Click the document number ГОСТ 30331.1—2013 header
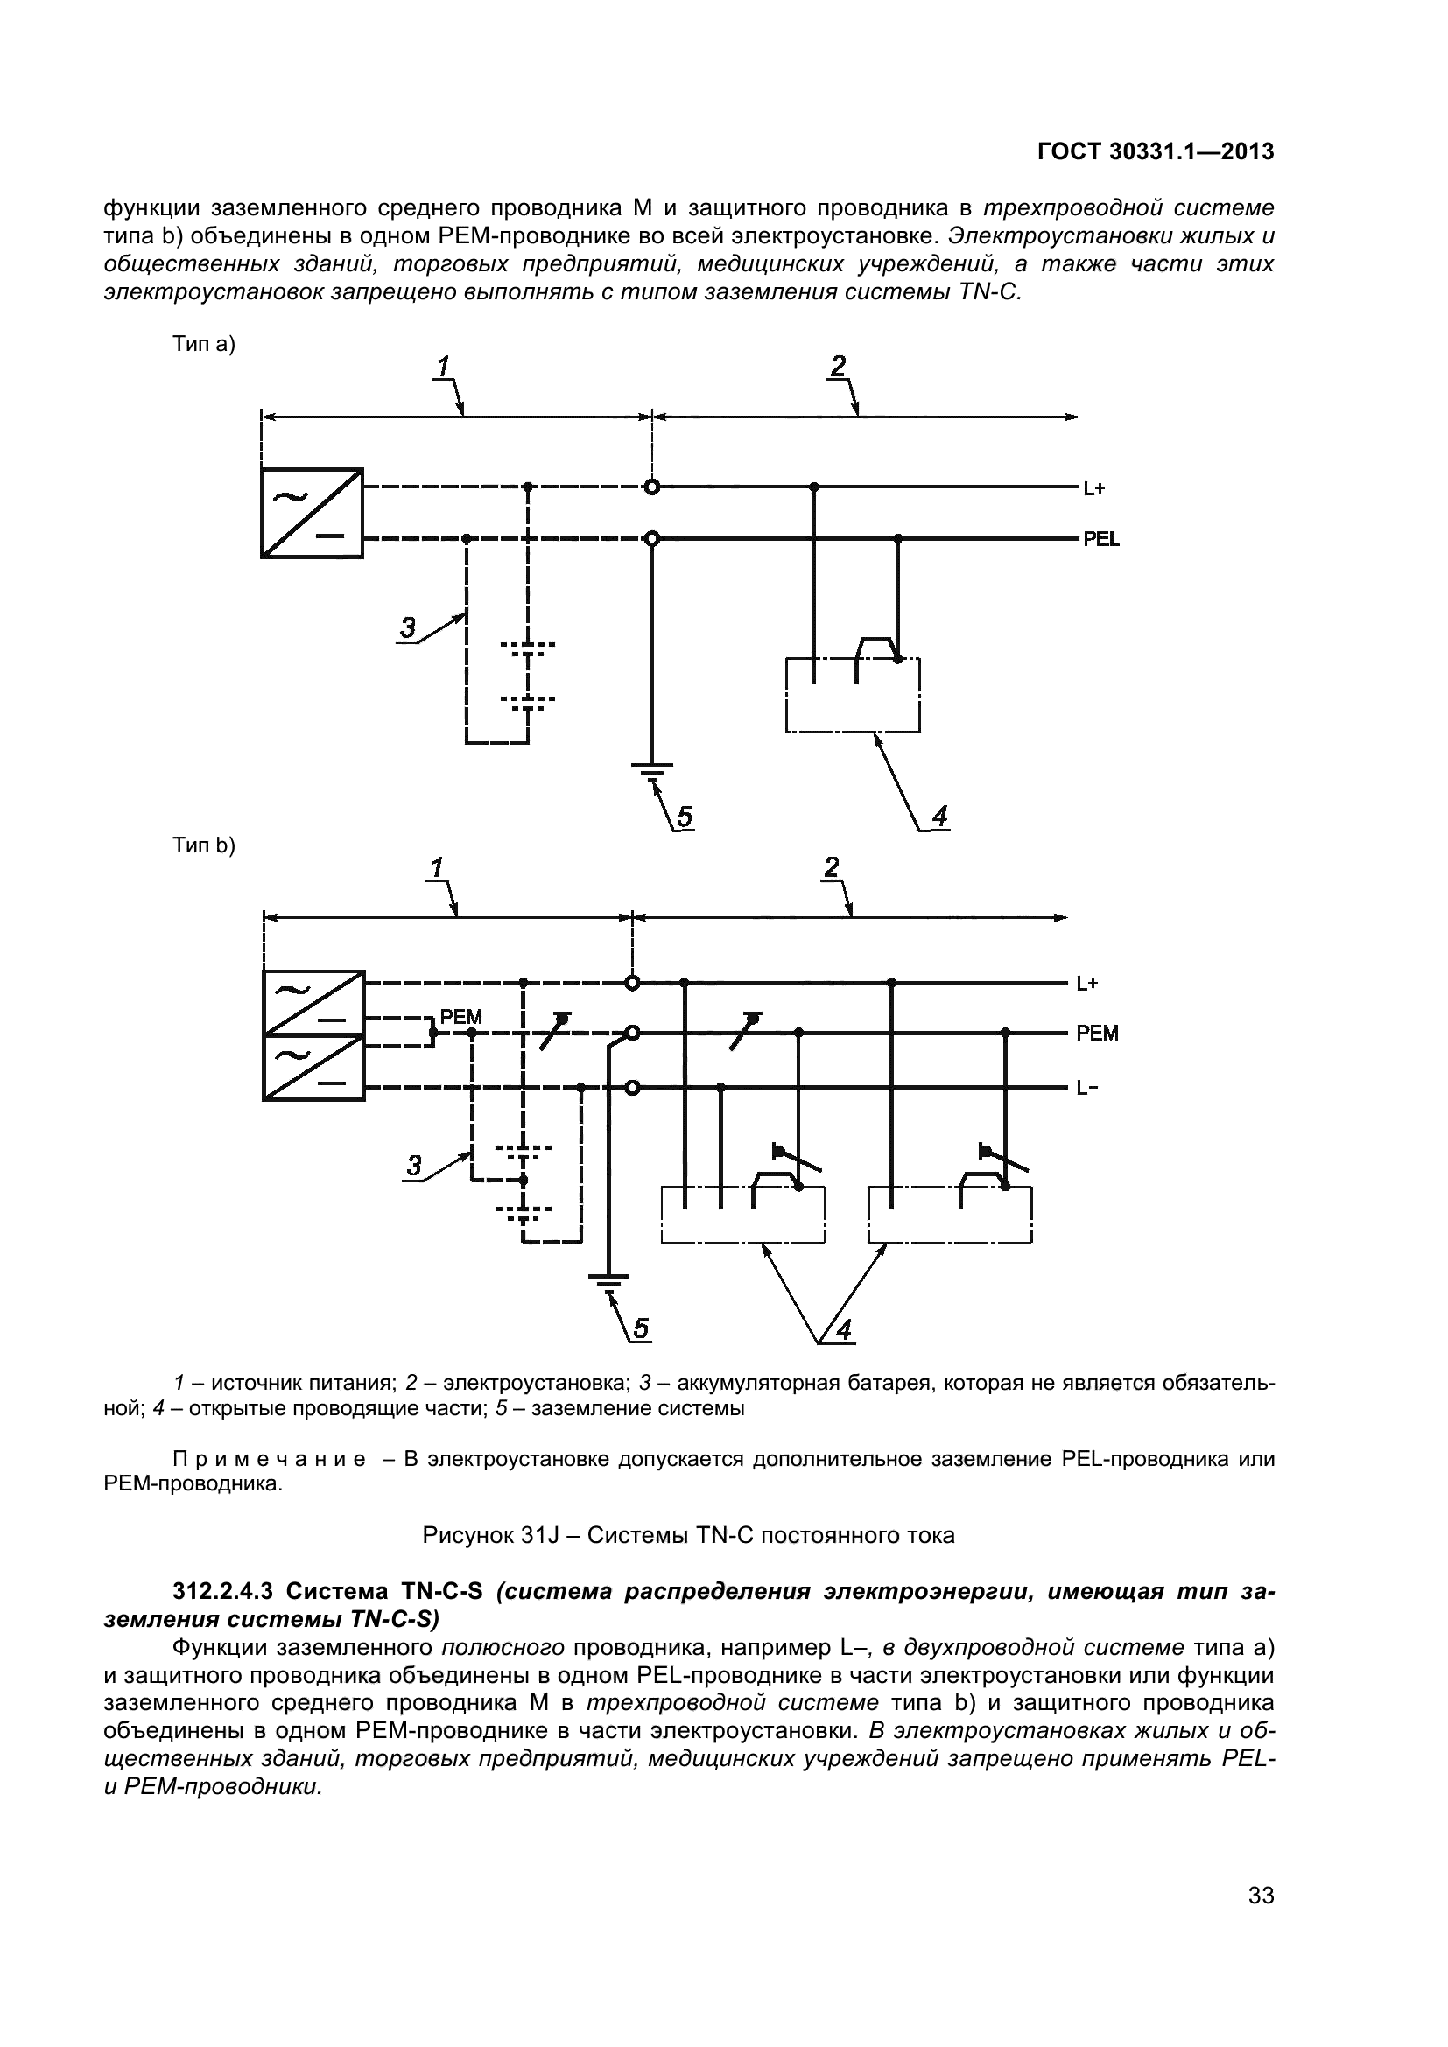[x=1156, y=152]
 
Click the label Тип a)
[x=204, y=345]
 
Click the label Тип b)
[x=204, y=845]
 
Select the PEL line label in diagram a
[x=1101, y=539]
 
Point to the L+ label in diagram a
[x=1094, y=488]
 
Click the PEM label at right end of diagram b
[x=1097, y=1034]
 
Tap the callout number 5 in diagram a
[x=684, y=817]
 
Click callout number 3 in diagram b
[x=414, y=1165]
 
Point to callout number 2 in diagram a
[x=838, y=366]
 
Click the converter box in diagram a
[x=312, y=513]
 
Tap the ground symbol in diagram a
[x=652, y=768]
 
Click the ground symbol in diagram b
[x=608, y=1280]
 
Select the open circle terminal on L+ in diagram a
[x=652, y=487]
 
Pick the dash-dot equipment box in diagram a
[x=853, y=696]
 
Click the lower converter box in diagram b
[x=314, y=1067]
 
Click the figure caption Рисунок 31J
[x=687, y=1535]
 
